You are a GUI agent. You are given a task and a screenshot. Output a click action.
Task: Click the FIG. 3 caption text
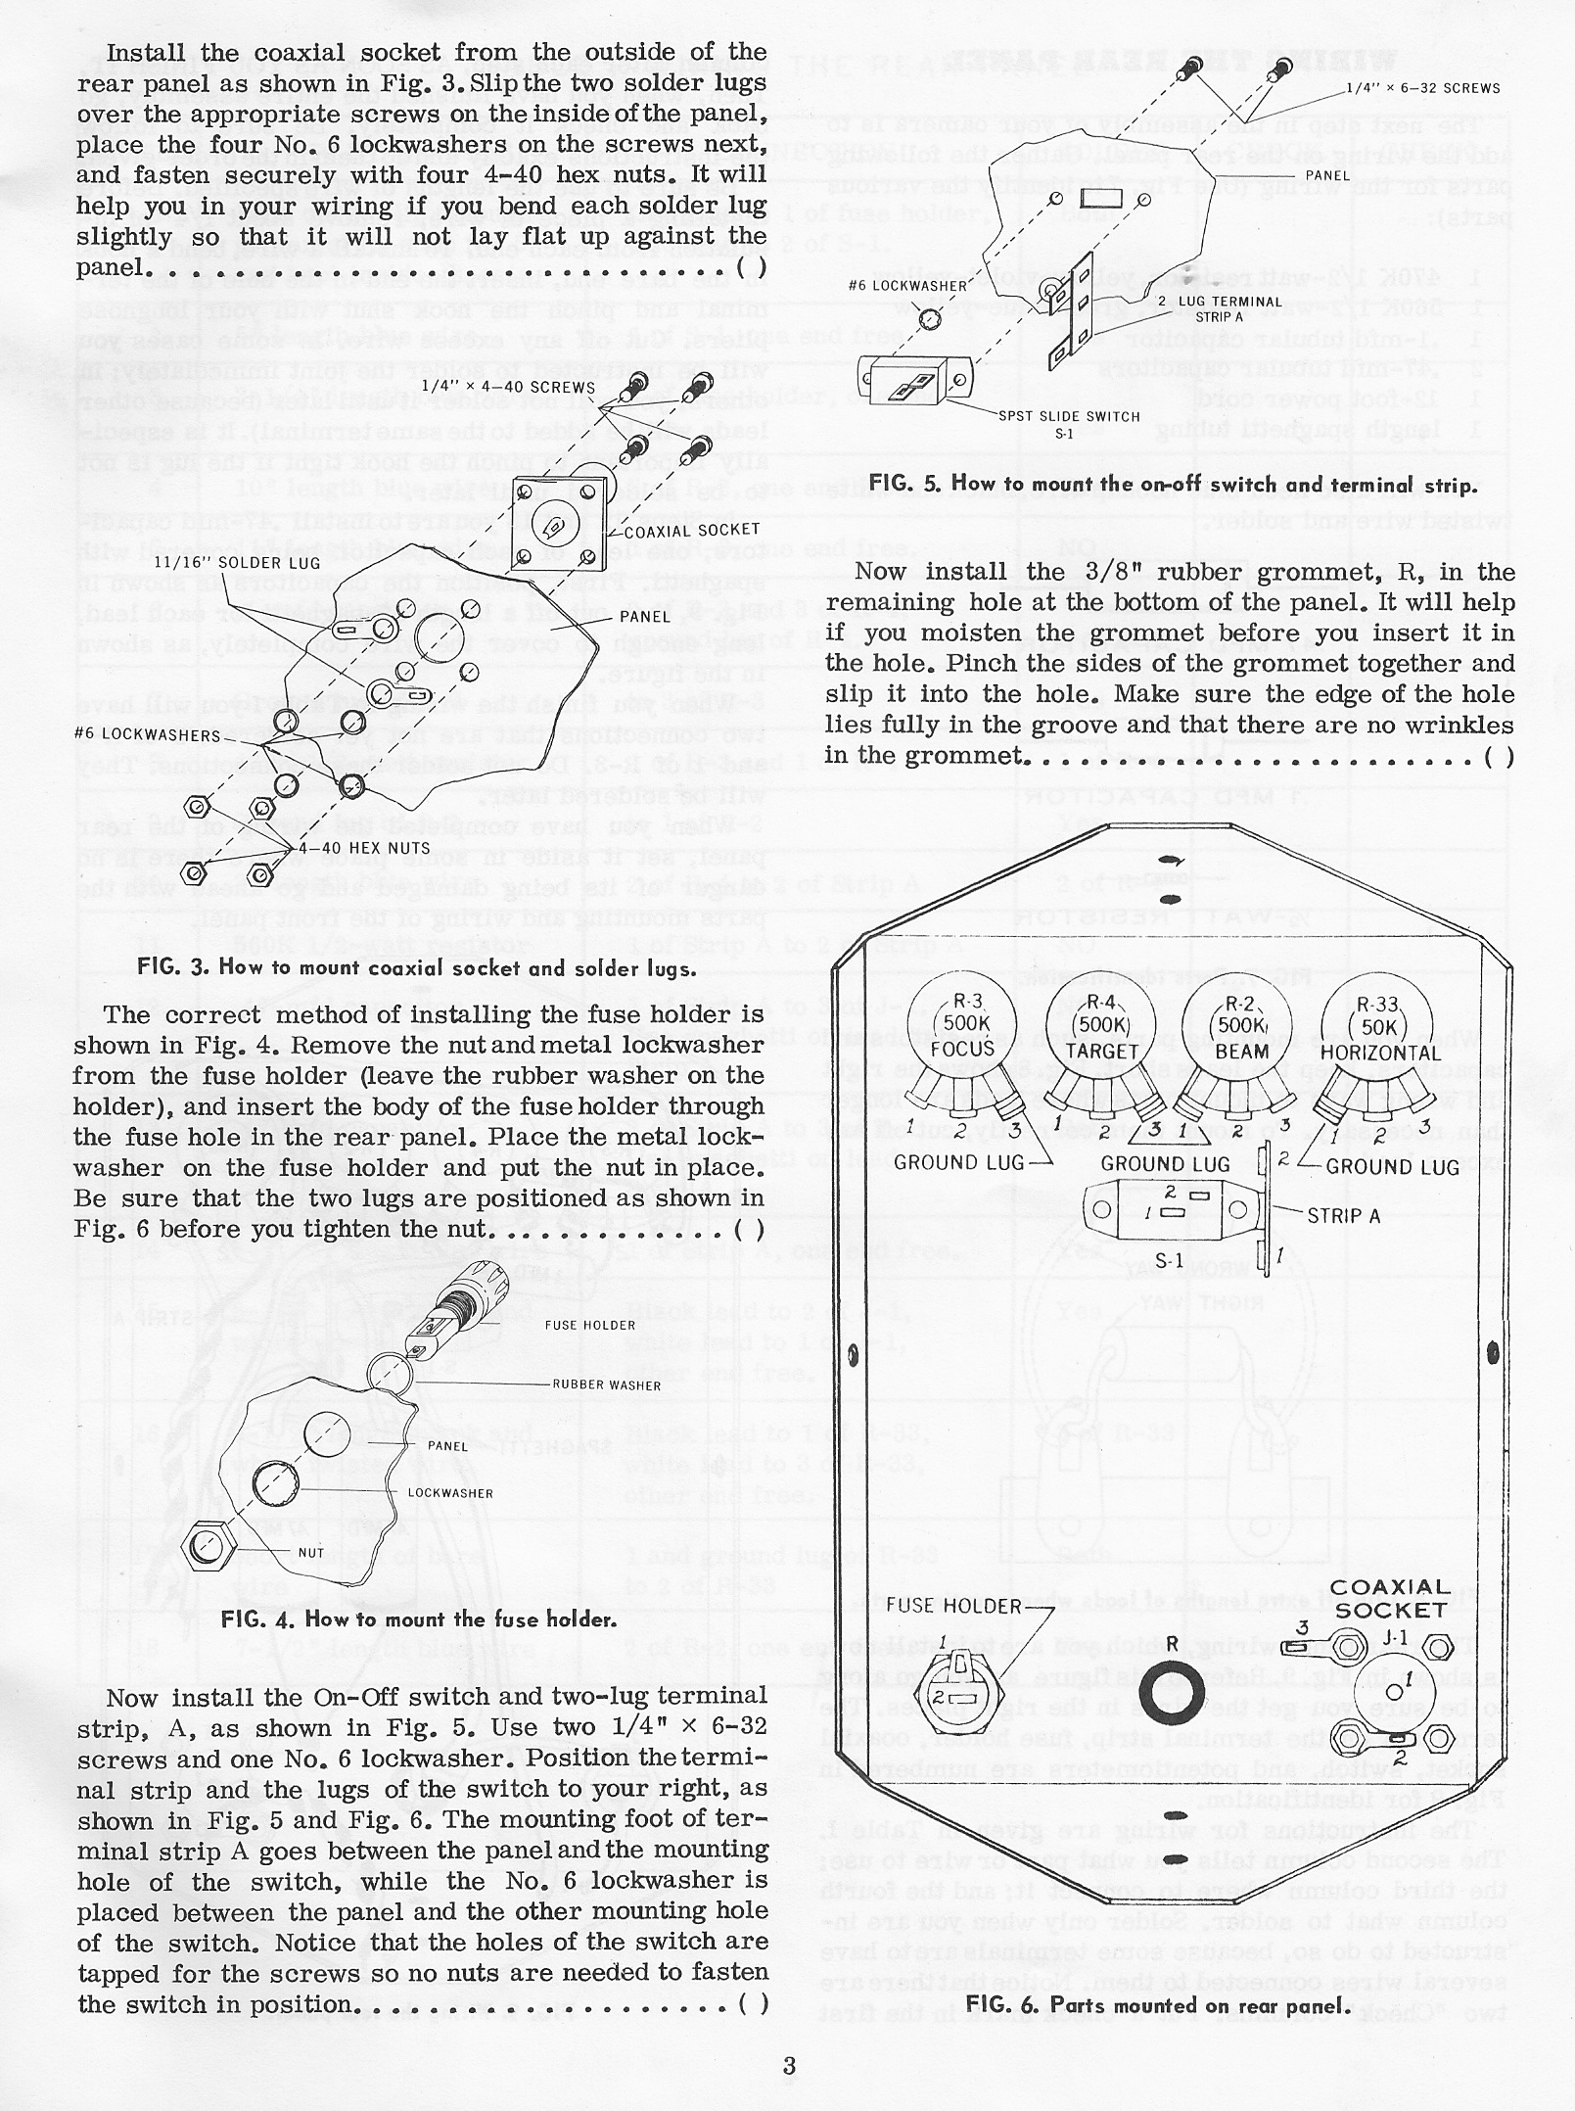point(417,968)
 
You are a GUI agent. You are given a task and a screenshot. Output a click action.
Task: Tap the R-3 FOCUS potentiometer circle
point(963,1032)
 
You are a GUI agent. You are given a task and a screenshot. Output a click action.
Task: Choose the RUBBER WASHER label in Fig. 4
point(607,1385)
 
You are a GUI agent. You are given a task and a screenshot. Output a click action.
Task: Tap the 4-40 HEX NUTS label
point(350,848)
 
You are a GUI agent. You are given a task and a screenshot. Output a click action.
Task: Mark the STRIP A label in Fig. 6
point(1344,1215)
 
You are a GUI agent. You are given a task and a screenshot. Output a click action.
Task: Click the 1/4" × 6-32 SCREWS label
point(1423,88)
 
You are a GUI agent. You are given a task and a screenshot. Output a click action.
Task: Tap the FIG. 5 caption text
point(1171,483)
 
